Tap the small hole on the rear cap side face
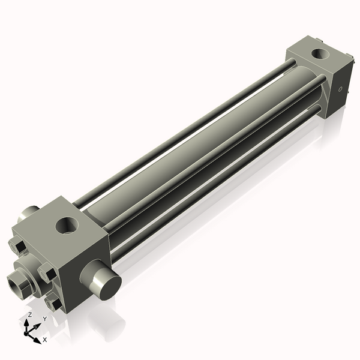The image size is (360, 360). (x=340, y=90)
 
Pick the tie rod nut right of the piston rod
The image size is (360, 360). (x=48, y=273)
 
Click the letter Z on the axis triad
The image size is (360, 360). (x=30, y=315)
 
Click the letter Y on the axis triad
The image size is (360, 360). (x=44, y=319)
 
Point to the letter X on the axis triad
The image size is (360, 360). (x=45, y=340)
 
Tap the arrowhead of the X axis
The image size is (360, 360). (x=37, y=340)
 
